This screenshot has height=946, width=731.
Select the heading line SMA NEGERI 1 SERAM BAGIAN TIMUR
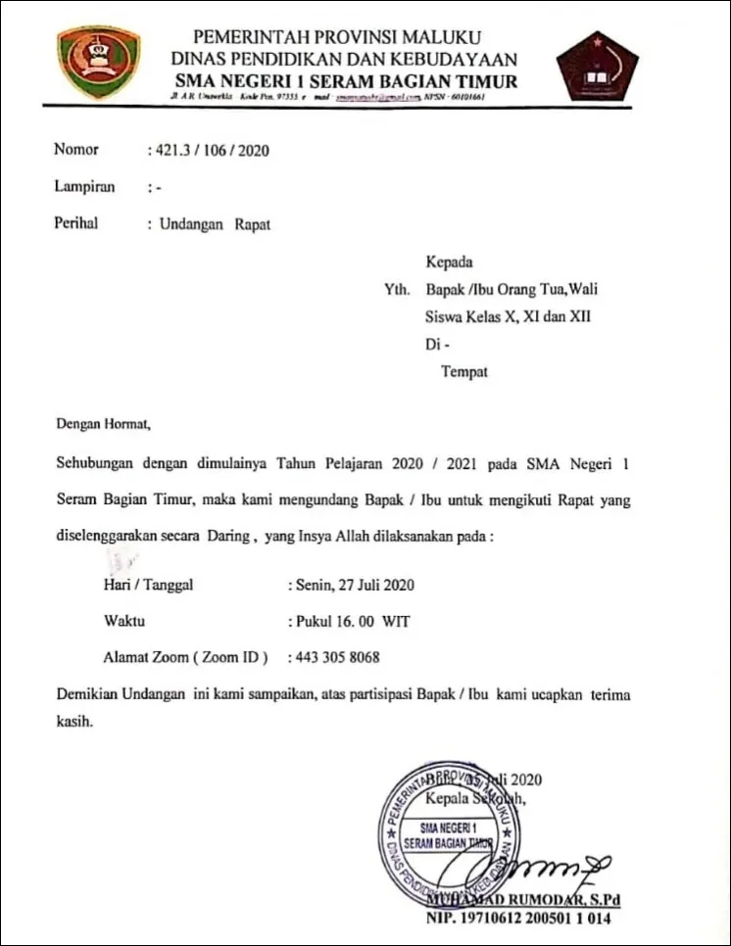tap(346, 81)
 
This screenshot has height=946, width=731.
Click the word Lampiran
tap(84, 187)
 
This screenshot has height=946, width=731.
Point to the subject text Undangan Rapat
tap(215, 223)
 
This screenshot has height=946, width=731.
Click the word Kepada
tap(449, 262)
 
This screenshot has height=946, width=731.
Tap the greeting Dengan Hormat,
tap(104, 425)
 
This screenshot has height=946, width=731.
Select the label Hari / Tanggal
tap(148, 586)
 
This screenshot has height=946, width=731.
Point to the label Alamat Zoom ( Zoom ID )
tap(185, 657)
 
